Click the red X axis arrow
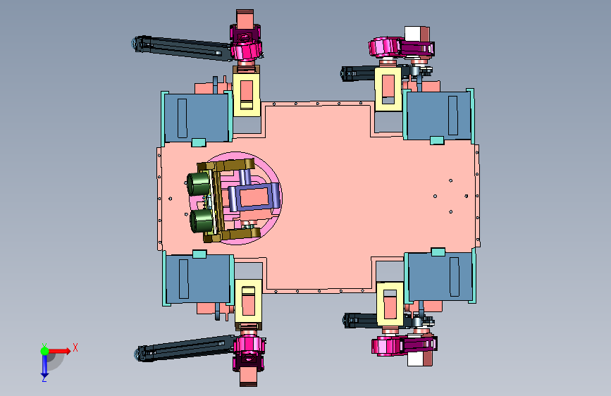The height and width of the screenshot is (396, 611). pyautogui.click(x=59, y=351)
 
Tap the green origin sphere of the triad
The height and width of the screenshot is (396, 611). pyautogui.click(x=44, y=351)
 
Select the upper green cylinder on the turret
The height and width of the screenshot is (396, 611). pyautogui.click(x=199, y=184)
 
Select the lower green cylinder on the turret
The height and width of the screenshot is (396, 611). pyautogui.click(x=202, y=221)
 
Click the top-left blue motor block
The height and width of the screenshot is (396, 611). pyautogui.click(x=197, y=117)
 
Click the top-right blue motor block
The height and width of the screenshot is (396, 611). pyautogui.click(x=438, y=116)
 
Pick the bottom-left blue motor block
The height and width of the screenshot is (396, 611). pyautogui.click(x=198, y=278)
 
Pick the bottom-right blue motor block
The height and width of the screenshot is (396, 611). pyautogui.click(x=440, y=276)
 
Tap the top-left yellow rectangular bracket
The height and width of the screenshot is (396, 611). pyautogui.click(x=246, y=94)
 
